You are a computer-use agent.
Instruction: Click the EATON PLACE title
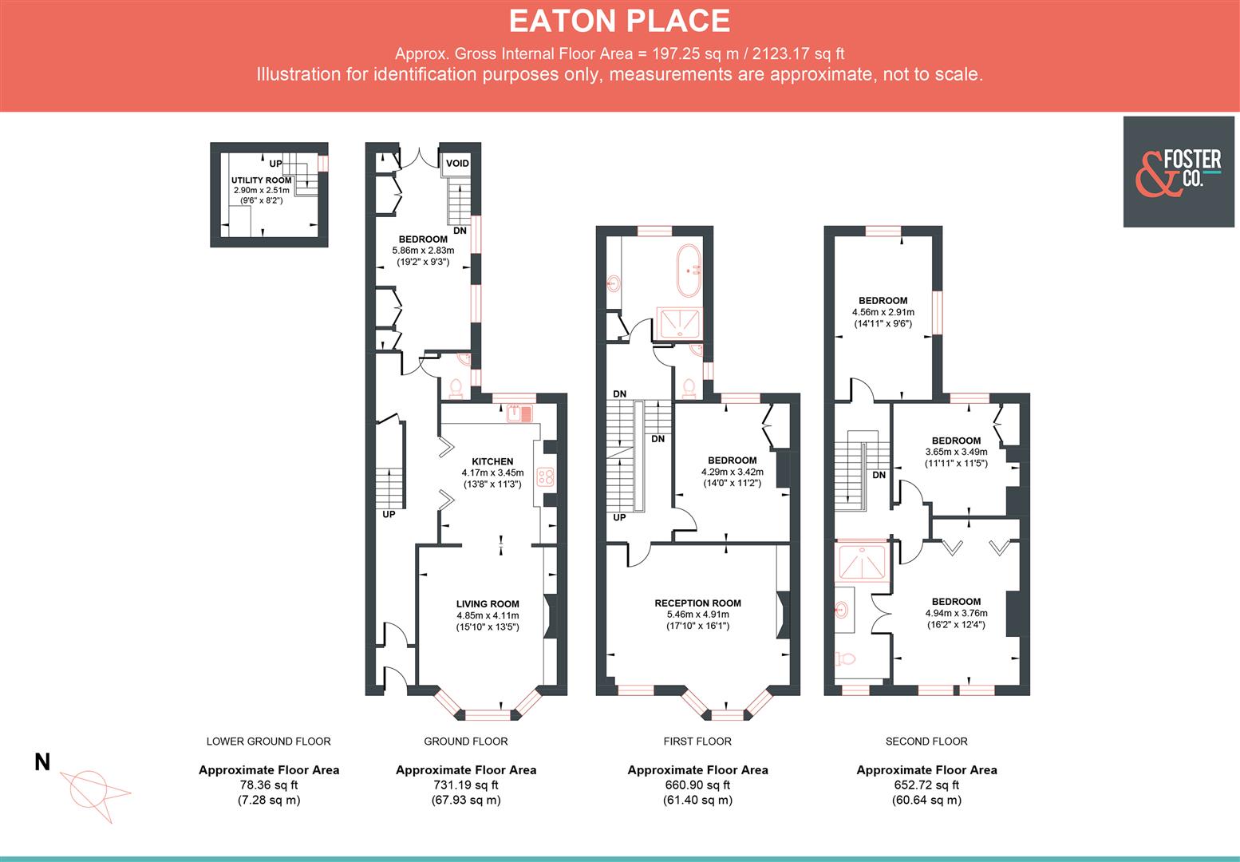pos(619,21)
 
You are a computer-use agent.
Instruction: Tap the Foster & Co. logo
pos(1178,172)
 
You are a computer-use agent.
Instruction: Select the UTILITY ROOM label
pos(261,180)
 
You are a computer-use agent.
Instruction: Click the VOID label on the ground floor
pos(457,164)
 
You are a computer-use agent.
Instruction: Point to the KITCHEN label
pos(492,461)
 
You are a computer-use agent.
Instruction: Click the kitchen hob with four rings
pos(547,477)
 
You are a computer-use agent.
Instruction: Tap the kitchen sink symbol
pos(519,413)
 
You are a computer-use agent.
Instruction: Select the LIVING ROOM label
pos(488,604)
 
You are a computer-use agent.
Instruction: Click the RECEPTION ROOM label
pos(697,603)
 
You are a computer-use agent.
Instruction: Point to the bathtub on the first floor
pos(689,271)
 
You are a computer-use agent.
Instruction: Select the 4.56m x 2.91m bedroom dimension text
pos(883,312)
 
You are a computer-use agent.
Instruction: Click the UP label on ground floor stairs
pos(389,515)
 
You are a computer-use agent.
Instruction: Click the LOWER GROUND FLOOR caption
pos(268,741)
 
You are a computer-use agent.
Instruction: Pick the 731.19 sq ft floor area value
pos(465,785)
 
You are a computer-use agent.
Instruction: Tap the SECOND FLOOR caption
pos(926,741)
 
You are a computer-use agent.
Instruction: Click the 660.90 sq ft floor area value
pos(697,785)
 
